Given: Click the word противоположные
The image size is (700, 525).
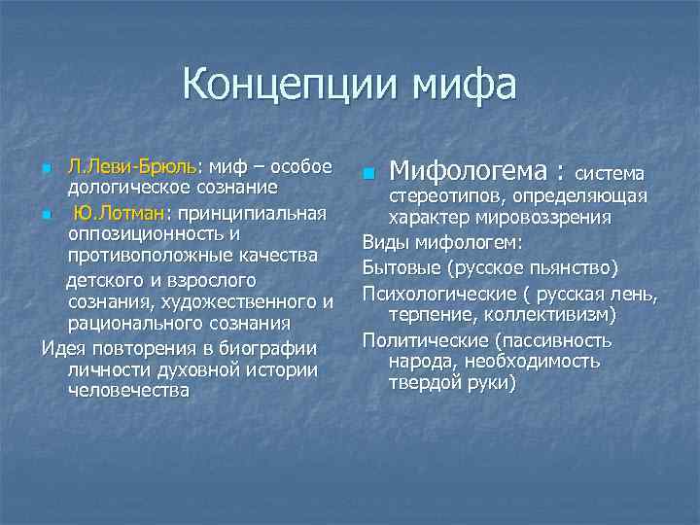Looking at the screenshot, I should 147,256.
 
